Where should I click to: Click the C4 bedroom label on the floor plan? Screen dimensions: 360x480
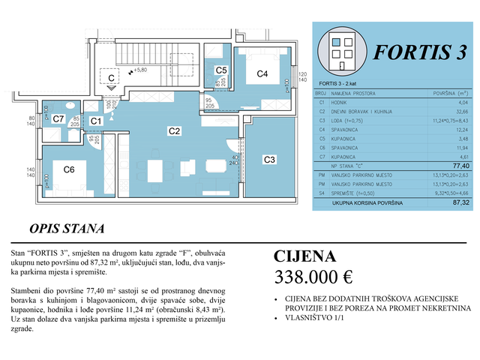262,73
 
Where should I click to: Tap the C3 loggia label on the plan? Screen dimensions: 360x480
270,159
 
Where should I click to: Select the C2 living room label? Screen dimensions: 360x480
174,130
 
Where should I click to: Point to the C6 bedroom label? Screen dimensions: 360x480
68,170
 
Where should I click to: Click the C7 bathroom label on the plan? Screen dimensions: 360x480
58,118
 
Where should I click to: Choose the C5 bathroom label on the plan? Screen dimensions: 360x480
221,70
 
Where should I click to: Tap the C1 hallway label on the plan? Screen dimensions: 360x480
96,121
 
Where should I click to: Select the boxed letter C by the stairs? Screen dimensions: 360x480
110,77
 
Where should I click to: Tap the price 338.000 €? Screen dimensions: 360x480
314,277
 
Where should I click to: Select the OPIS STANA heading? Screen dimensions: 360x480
66,228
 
